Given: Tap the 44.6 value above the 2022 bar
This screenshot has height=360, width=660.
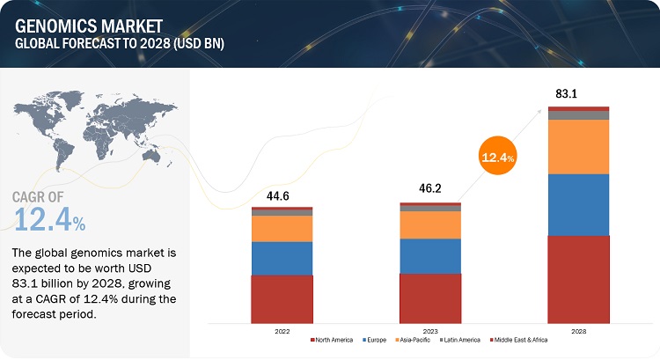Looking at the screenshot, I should click(x=281, y=196).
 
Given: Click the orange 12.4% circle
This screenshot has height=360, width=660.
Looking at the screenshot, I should click(x=497, y=158).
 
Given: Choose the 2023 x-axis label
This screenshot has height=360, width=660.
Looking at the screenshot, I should click(x=429, y=331).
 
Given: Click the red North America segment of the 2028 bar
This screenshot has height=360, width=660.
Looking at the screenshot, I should click(x=577, y=278).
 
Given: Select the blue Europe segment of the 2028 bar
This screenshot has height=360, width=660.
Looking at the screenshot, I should click(x=577, y=204).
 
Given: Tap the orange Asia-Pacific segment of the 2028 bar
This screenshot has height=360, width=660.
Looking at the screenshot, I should click(x=577, y=146).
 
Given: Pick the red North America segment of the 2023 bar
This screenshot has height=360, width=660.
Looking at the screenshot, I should click(x=429, y=297).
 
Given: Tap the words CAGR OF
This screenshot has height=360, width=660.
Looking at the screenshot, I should click(x=44, y=195).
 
